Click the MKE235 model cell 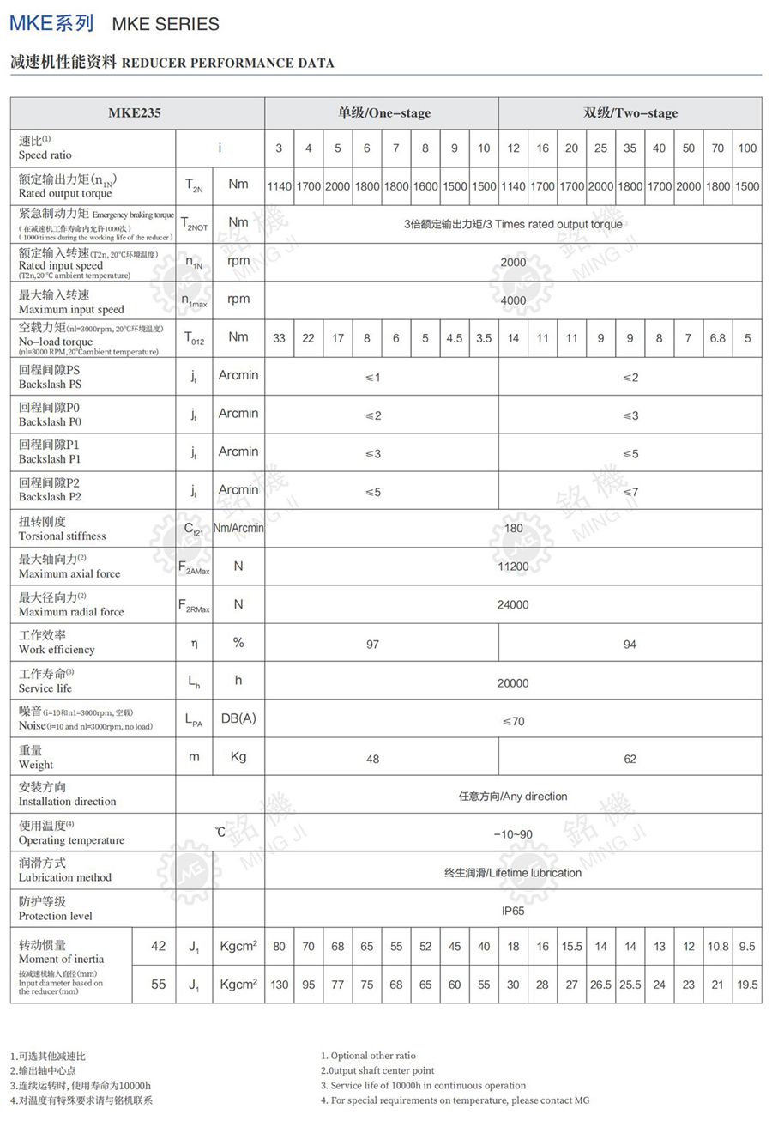[135, 112]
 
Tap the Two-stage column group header [630, 112]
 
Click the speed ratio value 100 [747, 148]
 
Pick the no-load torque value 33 [279, 338]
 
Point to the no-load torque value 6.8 [717, 338]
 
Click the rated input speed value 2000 [513, 263]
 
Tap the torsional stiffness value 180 [513, 529]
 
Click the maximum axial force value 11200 [513, 567]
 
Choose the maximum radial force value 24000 [513, 604]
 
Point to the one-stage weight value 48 [372, 759]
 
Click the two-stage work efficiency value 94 [630, 644]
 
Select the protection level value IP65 [513, 911]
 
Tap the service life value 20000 [513, 683]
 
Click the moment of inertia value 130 [279, 985]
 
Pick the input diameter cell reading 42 [158, 946]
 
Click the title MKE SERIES [166, 24]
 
